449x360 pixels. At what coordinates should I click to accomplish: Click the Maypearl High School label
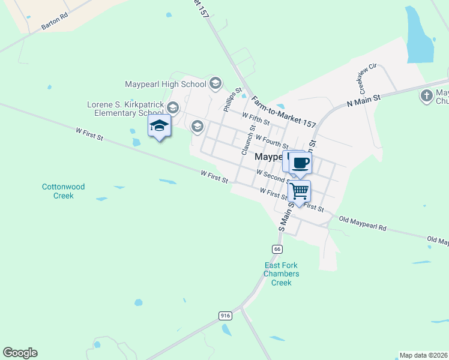point(165,85)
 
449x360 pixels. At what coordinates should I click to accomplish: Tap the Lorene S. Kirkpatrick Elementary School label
point(125,108)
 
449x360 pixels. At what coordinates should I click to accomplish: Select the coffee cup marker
point(300,162)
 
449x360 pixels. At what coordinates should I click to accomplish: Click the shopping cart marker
point(299,192)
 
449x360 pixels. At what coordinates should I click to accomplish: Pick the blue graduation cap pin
point(159,126)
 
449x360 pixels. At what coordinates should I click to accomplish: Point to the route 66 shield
point(277,248)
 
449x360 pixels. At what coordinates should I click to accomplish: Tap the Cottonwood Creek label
point(63,191)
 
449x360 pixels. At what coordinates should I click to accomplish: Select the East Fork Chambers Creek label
point(282,274)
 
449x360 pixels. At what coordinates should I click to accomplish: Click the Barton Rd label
point(55,22)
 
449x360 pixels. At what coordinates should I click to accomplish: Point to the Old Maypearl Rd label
point(362,224)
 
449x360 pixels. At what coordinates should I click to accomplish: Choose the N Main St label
point(364,100)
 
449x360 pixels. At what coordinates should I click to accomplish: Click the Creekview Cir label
point(367,79)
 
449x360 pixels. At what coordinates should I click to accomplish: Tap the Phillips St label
point(232,101)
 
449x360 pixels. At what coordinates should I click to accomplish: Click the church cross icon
point(426,95)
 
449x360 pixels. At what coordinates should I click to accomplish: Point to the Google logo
point(20,353)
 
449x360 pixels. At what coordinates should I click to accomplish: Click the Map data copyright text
point(424,355)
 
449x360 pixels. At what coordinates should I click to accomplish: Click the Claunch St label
point(248,140)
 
